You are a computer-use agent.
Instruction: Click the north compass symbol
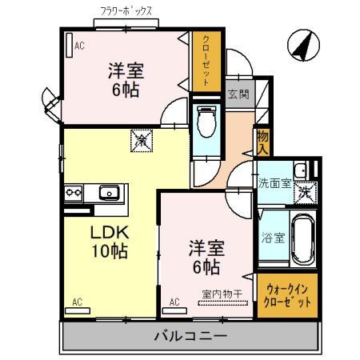tap(303, 46)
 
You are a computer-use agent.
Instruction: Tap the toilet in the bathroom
tap(206, 122)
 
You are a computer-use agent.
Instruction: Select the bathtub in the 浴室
tap(302, 238)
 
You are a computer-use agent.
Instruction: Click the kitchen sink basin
tap(110, 192)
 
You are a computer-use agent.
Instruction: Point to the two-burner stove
tap(74, 193)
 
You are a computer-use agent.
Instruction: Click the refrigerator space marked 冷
tap(142, 141)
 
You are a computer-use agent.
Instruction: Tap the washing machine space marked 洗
tap(305, 193)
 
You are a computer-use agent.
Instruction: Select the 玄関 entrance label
tap(238, 94)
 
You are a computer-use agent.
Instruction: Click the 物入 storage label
tap(262, 143)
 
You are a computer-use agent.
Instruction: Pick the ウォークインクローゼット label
tap(287, 296)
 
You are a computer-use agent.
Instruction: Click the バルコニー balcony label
tap(190, 336)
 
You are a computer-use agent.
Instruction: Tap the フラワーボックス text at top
tap(126, 11)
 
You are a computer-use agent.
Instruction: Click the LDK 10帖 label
tap(110, 242)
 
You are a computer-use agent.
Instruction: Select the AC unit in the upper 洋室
tap(70, 45)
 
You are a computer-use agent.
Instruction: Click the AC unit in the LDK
tap(78, 310)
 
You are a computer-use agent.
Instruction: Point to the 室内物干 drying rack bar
tap(223, 303)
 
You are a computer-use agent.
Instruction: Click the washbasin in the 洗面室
tap(302, 170)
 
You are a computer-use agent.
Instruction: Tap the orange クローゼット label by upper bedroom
tap(206, 61)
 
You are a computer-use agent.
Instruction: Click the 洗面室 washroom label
tap(274, 184)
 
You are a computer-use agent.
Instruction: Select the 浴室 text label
tap(273, 238)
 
